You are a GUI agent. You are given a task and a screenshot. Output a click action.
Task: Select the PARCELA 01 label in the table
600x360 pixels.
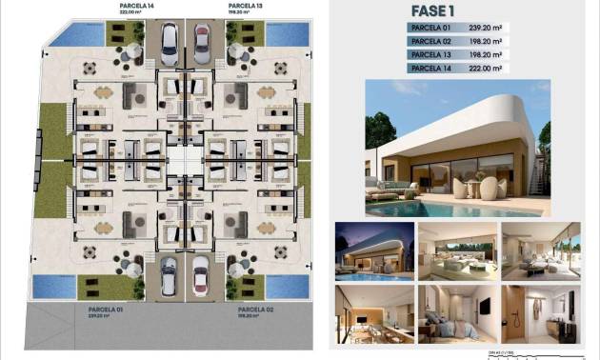431,29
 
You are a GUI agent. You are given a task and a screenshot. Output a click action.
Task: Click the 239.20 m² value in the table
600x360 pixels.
487,29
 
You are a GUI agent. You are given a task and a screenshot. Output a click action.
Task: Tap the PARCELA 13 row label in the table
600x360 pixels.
431,55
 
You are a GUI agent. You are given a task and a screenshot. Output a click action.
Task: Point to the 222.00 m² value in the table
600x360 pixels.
487,69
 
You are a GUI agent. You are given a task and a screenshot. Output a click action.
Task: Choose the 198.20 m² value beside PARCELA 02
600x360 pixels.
487,42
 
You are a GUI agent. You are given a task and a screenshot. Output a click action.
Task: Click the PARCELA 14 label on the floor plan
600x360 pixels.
137,7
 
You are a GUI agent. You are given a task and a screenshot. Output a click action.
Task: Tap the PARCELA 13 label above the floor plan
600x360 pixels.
246,7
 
